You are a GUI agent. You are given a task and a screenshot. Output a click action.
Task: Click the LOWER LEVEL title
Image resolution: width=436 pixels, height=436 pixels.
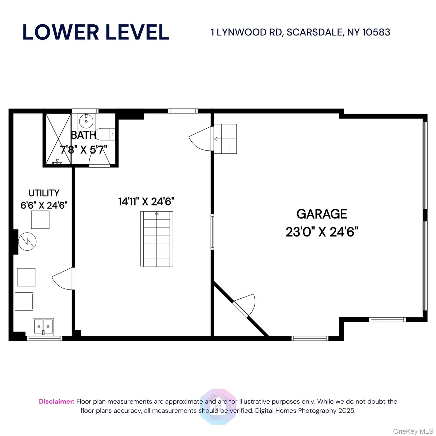[x=96, y=32]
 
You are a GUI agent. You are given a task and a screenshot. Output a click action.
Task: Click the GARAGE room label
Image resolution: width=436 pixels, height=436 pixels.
[x=322, y=214]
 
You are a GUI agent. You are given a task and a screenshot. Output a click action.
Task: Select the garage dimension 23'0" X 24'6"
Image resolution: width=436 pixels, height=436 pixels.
[x=322, y=232]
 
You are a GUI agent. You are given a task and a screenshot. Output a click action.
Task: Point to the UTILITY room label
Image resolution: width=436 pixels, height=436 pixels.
[x=44, y=193]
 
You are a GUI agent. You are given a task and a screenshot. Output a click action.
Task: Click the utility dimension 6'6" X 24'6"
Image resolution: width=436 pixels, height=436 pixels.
[x=44, y=205]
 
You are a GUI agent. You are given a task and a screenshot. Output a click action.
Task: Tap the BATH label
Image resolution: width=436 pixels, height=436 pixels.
[x=83, y=135]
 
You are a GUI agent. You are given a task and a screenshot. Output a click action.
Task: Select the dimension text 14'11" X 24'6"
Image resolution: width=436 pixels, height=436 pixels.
[x=146, y=202]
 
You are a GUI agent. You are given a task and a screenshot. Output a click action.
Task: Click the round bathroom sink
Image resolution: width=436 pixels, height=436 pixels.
[x=86, y=121]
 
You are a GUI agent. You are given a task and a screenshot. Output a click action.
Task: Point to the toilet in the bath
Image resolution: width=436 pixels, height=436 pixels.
[x=105, y=134]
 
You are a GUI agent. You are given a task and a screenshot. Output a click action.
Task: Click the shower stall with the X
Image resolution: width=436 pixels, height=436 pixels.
[x=58, y=139]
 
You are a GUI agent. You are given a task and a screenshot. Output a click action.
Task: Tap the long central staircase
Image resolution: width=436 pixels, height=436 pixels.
[x=156, y=239]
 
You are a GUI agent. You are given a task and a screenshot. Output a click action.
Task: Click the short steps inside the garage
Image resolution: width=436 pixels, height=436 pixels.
[x=225, y=139]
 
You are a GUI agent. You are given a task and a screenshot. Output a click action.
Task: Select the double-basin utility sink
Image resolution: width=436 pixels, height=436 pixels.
[x=43, y=327]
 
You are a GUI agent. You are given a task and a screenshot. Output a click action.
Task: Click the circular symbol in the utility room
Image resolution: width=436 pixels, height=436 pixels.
[x=27, y=242]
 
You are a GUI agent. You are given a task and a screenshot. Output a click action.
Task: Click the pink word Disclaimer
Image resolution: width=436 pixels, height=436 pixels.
[x=56, y=401]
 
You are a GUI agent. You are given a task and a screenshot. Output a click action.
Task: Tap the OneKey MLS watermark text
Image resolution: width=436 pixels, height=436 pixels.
[x=413, y=431]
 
